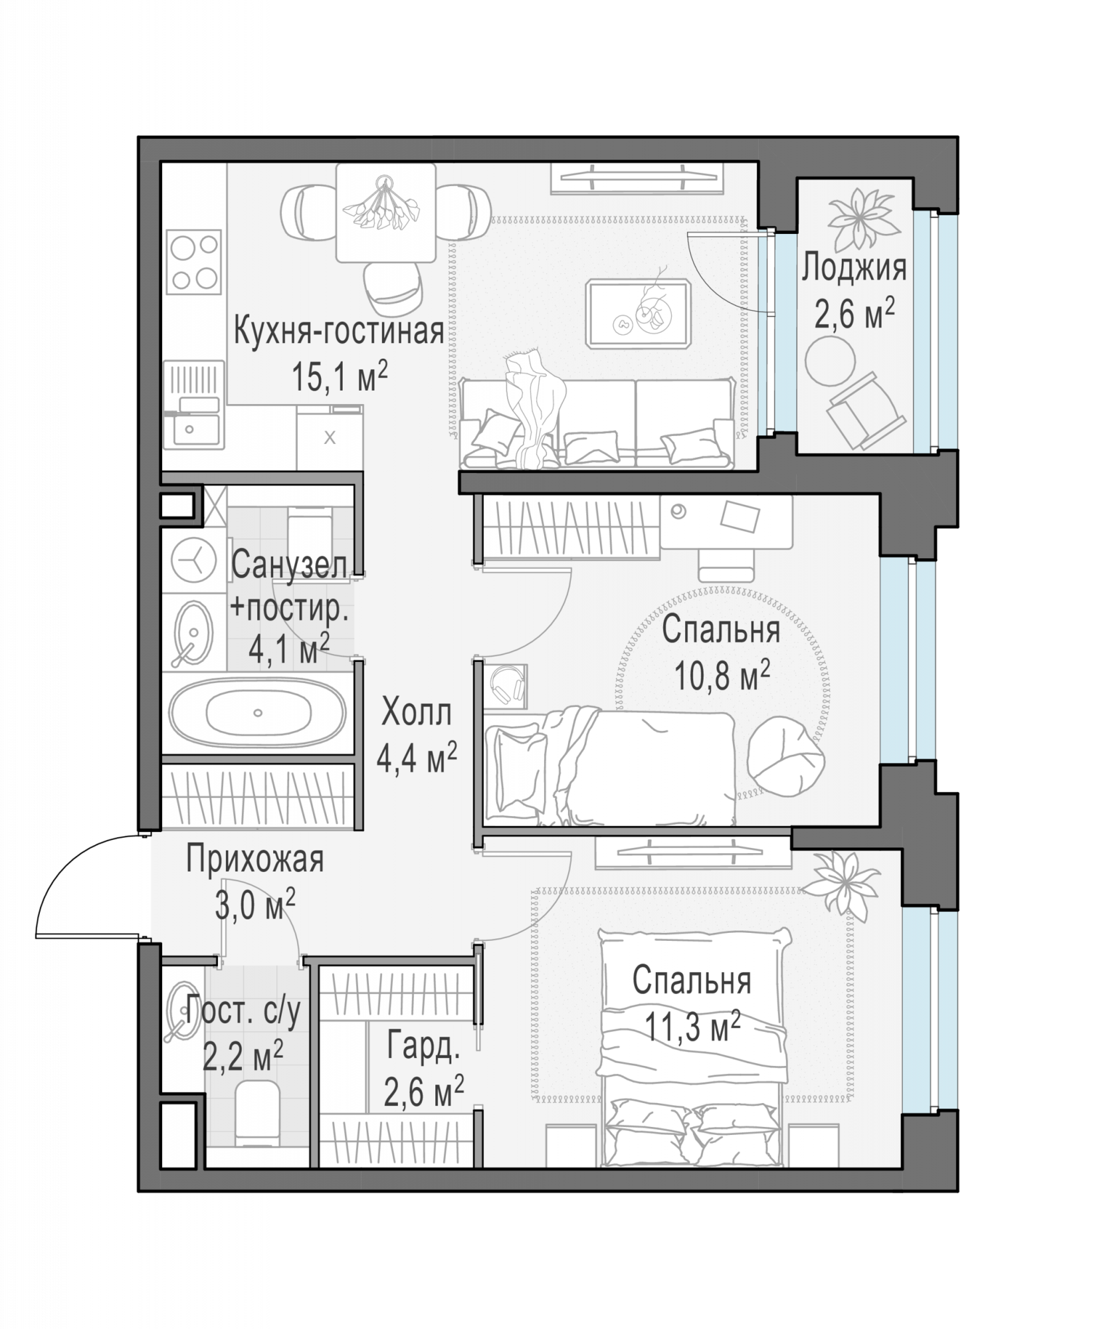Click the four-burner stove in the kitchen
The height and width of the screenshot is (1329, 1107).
(x=193, y=261)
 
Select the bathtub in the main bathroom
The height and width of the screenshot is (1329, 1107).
(x=258, y=713)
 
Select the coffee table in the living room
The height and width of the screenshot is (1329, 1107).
(x=638, y=313)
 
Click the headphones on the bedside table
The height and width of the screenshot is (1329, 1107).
(x=506, y=684)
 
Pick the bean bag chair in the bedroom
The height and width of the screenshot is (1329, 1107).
(x=786, y=756)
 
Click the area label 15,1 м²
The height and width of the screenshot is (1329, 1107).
(x=340, y=376)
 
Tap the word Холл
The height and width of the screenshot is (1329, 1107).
(x=417, y=713)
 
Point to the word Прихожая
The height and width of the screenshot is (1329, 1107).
(x=255, y=859)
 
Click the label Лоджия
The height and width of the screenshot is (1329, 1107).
(x=854, y=268)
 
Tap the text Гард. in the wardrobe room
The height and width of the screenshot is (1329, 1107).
(x=423, y=1046)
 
